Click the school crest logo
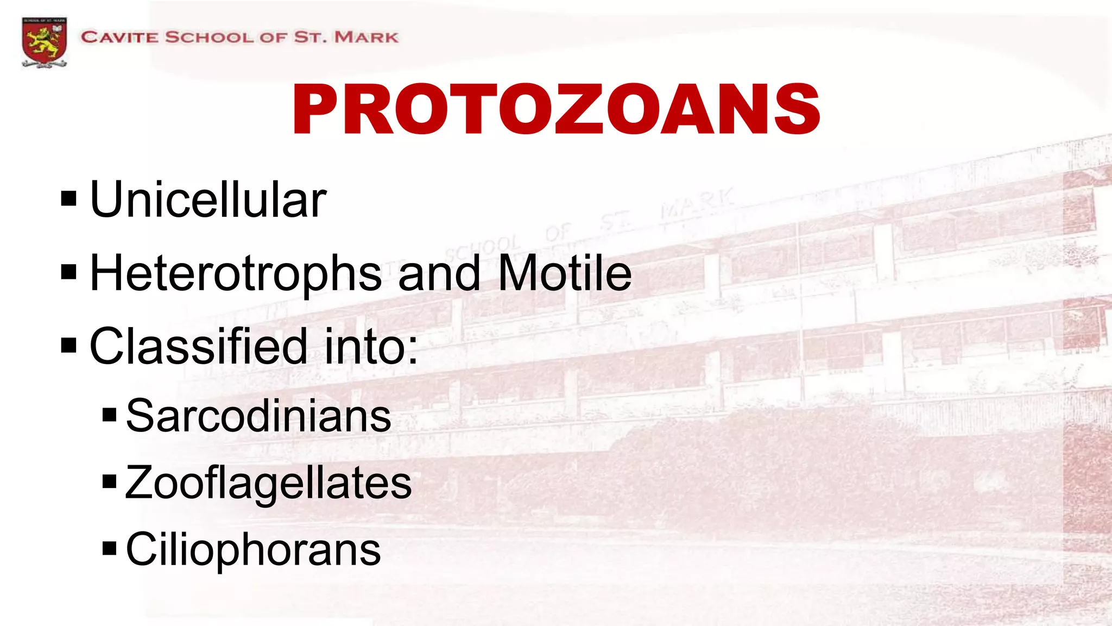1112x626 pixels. click(x=44, y=42)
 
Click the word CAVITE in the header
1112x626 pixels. click(x=119, y=37)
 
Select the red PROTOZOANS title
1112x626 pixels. click(x=556, y=110)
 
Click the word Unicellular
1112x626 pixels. click(x=208, y=200)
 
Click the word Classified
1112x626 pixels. click(x=198, y=346)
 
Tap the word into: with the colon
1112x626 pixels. click(x=371, y=346)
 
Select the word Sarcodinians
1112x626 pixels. click(x=258, y=416)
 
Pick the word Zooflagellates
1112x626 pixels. click(x=268, y=483)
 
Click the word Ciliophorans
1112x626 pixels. click(x=253, y=549)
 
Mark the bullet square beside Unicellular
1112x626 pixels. click(x=69, y=199)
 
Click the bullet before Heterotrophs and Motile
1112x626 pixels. click(x=69, y=272)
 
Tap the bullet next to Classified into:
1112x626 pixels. click(x=69, y=345)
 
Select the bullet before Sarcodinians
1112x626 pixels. click(x=109, y=415)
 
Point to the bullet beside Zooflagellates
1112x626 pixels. click(x=109, y=481)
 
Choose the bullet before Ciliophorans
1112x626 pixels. click(x=109, y=548)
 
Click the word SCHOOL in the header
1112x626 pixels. click(x=209, y=37)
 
